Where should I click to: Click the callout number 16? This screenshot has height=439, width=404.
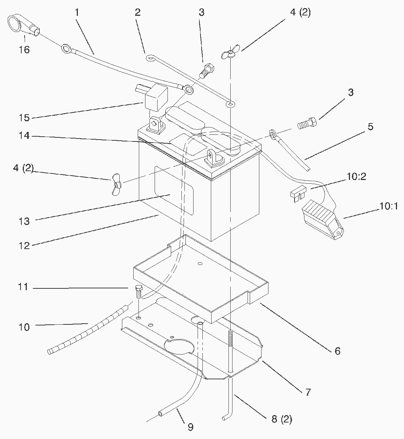[24, 50]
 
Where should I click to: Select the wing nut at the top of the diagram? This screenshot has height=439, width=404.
[230, 51]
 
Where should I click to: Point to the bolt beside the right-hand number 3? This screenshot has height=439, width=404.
[307, 123]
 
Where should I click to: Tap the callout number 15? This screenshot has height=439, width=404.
[24, 118]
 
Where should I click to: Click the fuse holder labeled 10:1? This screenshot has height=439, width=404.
[322, 220]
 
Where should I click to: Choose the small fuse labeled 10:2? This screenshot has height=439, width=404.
[297, 194]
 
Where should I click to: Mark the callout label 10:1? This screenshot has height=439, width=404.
[389, 206]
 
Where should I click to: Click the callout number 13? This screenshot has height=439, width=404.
[24, 222]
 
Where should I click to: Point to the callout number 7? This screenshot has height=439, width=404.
[308, 392]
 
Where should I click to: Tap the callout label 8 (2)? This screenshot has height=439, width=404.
[281, 419]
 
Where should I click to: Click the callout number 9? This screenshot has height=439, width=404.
[190, 427]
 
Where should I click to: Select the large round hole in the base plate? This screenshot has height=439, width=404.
[179, 346]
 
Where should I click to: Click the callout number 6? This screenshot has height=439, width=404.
[338, 351]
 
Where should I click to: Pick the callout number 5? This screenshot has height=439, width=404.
[371, 126]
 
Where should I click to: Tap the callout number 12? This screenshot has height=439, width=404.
[24, 246]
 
